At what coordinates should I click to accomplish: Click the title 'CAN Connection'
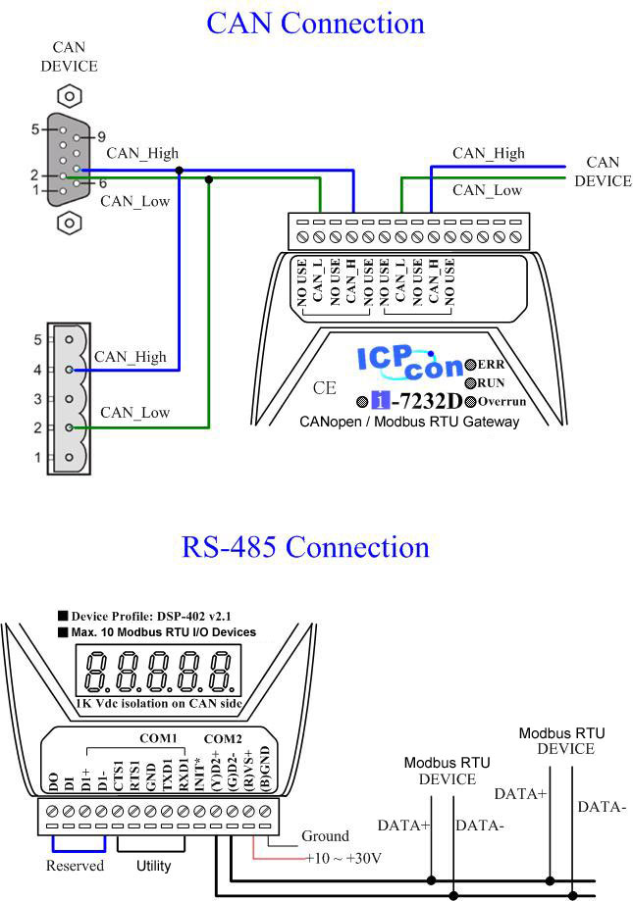[x=315, y=24]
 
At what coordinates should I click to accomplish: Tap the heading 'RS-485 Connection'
[x=305, y=546]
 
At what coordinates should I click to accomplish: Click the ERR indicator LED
[x=470, y=365]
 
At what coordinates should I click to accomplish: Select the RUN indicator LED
[x=470, y=383]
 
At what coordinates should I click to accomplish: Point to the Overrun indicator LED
[x=470, y=402]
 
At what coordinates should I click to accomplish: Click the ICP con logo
[x=410, y=363]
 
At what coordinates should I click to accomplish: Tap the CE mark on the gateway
[x=324, y=388]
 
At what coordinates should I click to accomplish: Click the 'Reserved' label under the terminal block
[x=75, y=866]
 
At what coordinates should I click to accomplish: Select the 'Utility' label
[x=153, y=866]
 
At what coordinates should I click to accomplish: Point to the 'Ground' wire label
[x=326, y=836]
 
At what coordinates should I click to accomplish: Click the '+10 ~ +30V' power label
[x=343, y=859]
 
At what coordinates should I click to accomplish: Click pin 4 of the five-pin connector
[x=69, y=370]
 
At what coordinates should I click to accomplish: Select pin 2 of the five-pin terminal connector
[x=69, y=427]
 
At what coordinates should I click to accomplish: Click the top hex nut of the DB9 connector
[x=70, y=96]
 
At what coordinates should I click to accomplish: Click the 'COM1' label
[x=158, y=738]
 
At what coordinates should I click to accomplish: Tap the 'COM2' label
[x=223, y=739]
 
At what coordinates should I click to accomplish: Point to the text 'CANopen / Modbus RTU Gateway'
[x=409, y=422]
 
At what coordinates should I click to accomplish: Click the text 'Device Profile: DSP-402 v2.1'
[x=151, y=617]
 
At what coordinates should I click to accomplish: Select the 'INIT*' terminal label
[x=200, y=775]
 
